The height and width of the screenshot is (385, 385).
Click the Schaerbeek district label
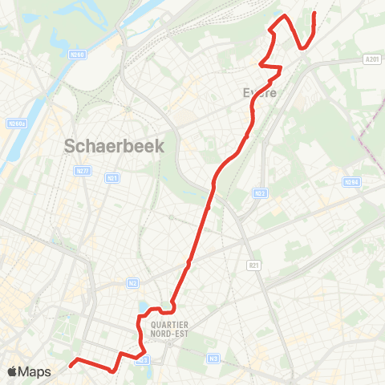[113, 146]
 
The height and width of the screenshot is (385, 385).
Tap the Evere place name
[260, 93]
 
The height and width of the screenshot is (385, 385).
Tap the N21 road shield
[112, 177]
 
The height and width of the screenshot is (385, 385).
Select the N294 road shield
[351, 182]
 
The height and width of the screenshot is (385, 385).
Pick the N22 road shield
[259, 193]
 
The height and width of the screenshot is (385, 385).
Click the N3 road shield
[213, 358]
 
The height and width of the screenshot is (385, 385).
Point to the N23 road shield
[144, 360]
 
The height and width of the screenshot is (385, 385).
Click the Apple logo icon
[13, 371]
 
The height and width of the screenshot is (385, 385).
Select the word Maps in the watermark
[34, 371]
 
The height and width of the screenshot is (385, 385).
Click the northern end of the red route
[314, 14]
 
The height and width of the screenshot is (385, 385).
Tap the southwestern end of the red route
[71, 365]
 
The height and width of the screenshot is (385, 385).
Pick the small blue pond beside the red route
[143, 307]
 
